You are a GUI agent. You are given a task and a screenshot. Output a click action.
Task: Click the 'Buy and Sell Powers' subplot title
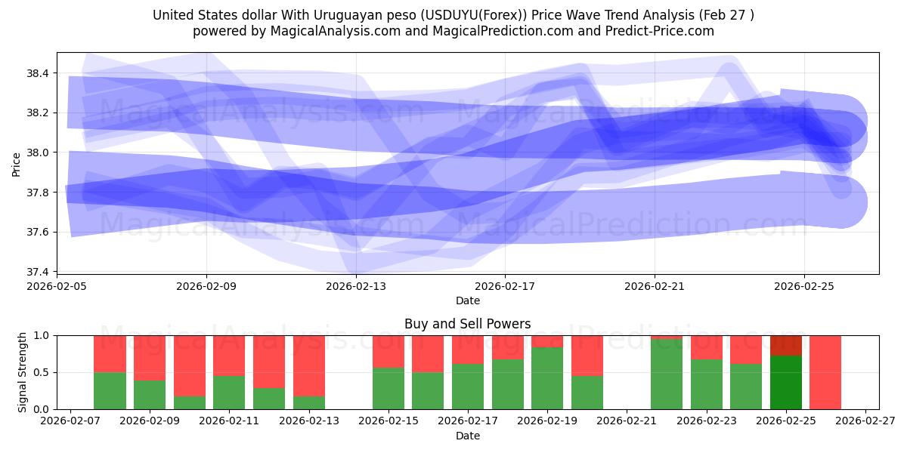click(x=467, y=324)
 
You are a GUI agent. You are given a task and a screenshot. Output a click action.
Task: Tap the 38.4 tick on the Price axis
click(x=38, y=73)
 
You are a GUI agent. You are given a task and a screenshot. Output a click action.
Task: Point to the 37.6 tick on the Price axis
click(x=38, y=232)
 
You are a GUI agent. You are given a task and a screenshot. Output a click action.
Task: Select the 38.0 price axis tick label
click(x=38, y=153)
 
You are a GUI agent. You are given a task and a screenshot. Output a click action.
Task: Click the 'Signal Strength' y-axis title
click(x=23, y=372)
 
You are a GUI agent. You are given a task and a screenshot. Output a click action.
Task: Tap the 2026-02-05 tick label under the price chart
click(x=57, y=287)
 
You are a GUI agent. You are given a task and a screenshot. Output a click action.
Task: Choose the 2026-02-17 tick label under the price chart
click(x=505, y=287)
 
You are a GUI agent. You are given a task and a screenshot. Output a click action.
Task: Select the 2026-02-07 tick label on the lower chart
click(x=70, y=422)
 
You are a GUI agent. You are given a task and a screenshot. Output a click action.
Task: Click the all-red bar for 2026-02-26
click(x=825, y=372)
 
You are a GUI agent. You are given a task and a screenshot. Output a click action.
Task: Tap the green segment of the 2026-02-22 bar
click(x=667, y=374)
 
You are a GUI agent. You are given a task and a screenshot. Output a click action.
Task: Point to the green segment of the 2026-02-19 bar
click(x=547, y=378)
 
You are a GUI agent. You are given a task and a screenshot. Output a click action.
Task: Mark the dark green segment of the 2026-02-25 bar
click(x=786, y=383)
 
